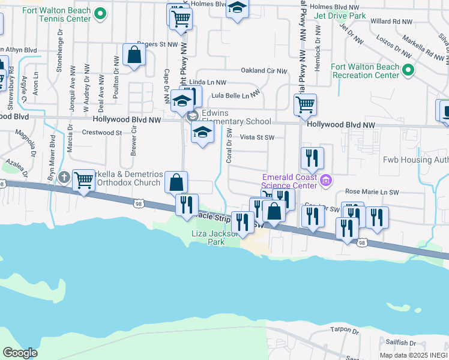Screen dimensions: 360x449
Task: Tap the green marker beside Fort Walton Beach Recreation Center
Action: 408,71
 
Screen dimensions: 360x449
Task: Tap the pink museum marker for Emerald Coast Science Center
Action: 326,179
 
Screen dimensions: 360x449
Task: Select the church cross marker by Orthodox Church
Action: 64,177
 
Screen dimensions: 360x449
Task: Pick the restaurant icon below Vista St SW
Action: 312,158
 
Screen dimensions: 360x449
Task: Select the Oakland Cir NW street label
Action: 264,70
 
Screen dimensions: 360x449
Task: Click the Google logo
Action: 20,352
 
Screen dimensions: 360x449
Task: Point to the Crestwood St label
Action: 101,132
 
